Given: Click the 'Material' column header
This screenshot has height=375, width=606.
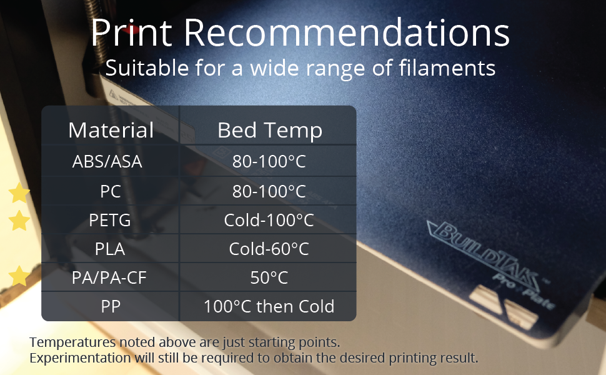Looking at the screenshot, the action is click(x=111, y=130).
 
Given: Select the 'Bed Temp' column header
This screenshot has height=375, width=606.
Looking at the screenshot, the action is click(x=270, y=131).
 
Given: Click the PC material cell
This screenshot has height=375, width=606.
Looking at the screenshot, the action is click(x=111, y=191).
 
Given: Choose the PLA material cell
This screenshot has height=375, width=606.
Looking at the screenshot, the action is click(x=110, y=249).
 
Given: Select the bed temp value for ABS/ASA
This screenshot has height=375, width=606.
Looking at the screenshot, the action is click(x=269, y=162).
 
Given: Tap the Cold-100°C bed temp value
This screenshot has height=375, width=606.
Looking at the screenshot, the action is click(x=269, y=221).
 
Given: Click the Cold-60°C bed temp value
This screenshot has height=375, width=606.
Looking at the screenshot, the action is click(x=269, y=249).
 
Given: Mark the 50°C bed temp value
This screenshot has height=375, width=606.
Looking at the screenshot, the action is click(x=269, y=278).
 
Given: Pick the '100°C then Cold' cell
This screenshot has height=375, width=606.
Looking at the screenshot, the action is click(x=269, y=307).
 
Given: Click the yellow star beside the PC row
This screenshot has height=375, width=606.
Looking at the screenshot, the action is click(x=19, y=193).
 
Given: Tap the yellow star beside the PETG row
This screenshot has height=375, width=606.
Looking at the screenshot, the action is click(x=19, y=221).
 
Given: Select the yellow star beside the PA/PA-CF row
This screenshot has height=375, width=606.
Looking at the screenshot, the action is click(x=19, y=276).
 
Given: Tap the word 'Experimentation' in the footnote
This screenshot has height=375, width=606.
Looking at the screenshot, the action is click(x=81, y=358).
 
